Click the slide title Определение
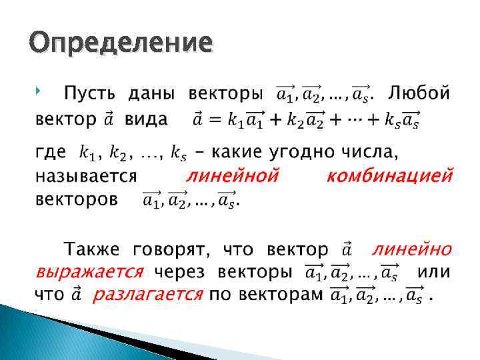click(x=121, y=43)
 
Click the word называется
click(x=85, y=177)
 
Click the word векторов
click(x=77, y=199)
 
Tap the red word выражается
click(x=89, y=272)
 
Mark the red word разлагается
click(x=147, y=295)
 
